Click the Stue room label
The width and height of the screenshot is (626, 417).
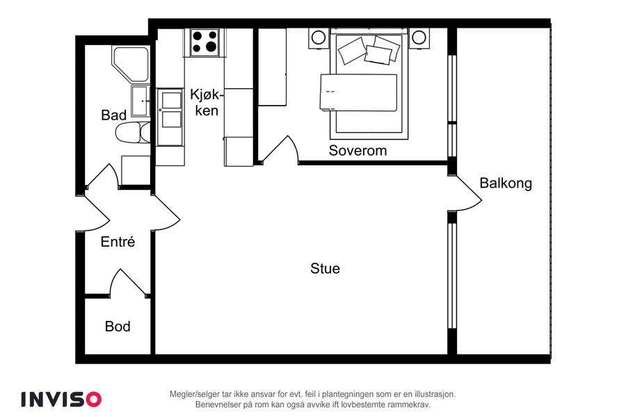click(325, 268)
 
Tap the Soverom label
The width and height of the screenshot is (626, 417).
click(358, 150)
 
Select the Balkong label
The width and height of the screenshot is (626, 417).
click(506, 183)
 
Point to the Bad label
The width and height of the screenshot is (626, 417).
click(114, 115)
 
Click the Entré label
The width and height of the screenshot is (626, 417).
click(118, 241)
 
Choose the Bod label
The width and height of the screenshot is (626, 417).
click(118, 327)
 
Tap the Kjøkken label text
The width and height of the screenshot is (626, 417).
click(207, 103)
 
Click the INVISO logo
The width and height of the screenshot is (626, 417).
click(61, 400)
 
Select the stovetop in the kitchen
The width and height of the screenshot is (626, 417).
click(204, 42)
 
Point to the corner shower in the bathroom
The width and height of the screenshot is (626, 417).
click(131, 65)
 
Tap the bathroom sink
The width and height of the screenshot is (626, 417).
click(141, 101)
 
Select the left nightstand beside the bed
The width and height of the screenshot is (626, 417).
click(319, 38)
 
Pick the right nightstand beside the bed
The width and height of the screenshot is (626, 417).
click(419, 38)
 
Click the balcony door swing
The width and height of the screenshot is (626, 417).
click(469, 193)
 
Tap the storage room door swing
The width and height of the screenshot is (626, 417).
click(128, 283)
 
